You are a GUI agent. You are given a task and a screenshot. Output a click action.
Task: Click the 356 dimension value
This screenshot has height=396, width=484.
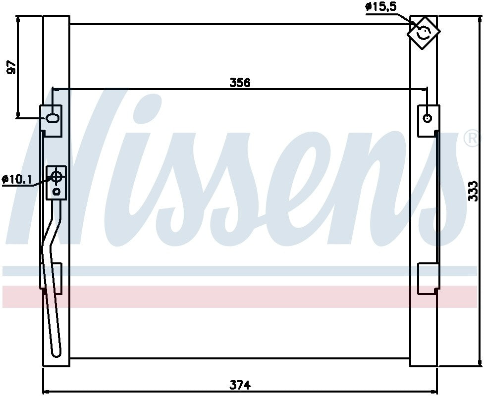tap(240, 83)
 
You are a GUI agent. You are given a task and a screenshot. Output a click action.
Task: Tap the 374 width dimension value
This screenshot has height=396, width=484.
tap(240, 384)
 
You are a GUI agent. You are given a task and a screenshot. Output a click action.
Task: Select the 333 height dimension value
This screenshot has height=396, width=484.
tap(473, 191)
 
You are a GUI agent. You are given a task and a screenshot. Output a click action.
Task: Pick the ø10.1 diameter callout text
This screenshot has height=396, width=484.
tap(17, 179)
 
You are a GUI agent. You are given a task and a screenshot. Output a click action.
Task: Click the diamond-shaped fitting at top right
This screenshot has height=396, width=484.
tap(423, 32)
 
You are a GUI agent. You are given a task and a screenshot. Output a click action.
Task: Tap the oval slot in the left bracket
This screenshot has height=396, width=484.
tap(53, 118)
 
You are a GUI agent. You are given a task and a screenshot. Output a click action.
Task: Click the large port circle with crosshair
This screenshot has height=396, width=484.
tap(56, 176)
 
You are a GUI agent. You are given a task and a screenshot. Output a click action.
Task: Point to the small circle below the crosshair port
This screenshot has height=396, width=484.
tap(56, 191)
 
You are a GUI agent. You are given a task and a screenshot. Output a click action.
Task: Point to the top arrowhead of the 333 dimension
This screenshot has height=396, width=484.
tap(481, 18)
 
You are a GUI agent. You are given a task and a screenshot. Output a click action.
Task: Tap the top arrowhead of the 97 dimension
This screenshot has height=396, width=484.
tap(18, 18)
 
